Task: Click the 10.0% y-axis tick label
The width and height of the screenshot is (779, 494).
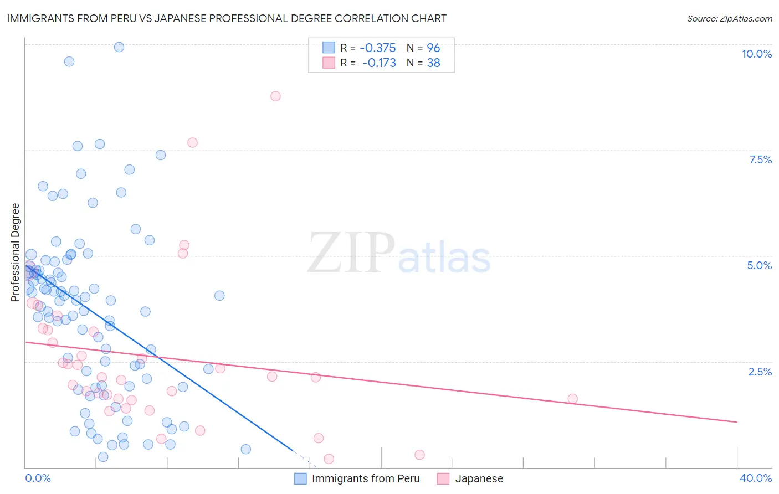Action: pyautogui.click(x=756, y=54)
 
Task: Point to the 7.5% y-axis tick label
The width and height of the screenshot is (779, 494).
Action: pyautogui.click(x=760, y=159)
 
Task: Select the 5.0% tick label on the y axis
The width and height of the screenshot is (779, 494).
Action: pyautogui.click(x=759, y=265)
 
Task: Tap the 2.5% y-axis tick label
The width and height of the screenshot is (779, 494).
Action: pyautogui.click(x=760, y=372)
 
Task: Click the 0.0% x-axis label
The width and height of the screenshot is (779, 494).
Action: pyautogui.click(x=38, y=478)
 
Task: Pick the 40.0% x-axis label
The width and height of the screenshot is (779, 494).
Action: pyautogui.click(x=755, y=478)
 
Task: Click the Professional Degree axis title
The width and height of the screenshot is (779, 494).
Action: pyautogui.click(x=15, y=253)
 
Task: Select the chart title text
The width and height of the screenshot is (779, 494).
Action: pyautogui.click(x=227, y=18)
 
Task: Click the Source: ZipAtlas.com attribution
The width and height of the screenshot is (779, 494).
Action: pyautogui.click(x=729, y=19)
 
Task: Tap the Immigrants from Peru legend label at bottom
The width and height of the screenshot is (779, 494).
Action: pyautogui.click(x=366, y=478)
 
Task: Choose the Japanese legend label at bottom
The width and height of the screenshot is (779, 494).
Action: pyautogui.click(x=479, y=478)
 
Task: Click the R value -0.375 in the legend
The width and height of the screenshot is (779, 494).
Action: pyautogui.click(x=378, y=48)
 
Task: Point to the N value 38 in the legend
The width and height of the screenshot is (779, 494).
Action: pyautogui.click(x=433, y=63)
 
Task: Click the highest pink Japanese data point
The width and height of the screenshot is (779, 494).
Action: pyautogui.click(x=275, y=96)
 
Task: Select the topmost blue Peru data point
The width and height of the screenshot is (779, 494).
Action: pyautogui.click(x=119, y=47)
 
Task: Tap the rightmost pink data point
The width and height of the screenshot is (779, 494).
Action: pyautogui.click(x=572, y=399)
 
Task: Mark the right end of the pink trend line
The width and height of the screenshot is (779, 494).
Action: pyautogui.click(x=737, y=422)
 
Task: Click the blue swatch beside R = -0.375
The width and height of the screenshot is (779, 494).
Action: pyautogui.click(x=329, y=48)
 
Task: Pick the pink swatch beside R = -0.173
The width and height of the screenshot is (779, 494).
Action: pyautogui.click(x=329, y=63)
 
